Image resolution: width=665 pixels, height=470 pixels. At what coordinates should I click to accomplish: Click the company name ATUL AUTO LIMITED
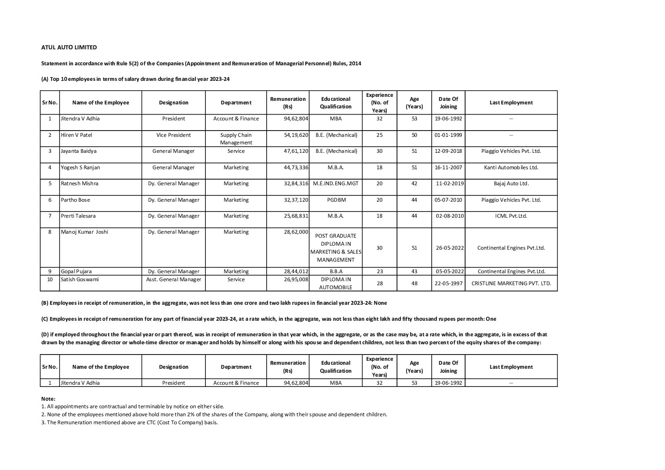tap(69, 47)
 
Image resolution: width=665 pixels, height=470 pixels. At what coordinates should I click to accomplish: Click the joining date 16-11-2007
tap(448, 167)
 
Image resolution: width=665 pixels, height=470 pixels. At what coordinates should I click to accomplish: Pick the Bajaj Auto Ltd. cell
tap(511, 183)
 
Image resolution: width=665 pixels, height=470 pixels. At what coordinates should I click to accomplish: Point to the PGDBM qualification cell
tap(336, 200)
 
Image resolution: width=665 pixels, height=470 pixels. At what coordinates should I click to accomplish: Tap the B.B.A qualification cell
tap(336, 271)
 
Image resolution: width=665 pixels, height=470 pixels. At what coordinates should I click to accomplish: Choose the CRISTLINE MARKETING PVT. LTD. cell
tap(511, 283)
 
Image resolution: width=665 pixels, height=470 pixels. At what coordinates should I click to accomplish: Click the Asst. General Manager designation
tap(173, 279)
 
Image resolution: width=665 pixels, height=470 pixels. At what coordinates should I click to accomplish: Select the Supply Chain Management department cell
tap(236, 139)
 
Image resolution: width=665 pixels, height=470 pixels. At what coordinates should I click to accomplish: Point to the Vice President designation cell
tap(173, 135)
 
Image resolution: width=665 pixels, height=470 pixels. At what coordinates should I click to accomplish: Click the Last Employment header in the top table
tap(511, 103)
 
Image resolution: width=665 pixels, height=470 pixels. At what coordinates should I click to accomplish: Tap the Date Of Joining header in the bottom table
tap(448, 367)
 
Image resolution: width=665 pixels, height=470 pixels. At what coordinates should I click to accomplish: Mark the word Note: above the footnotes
tap(48, 398)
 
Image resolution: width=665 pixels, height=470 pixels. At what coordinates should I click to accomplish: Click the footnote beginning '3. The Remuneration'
tap(129, 422)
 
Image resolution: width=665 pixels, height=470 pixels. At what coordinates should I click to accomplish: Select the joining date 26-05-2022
tap(450, 248)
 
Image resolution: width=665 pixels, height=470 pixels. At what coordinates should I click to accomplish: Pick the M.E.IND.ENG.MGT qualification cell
tap(336, 183)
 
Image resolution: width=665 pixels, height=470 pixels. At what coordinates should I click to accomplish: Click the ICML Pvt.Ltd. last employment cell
tap(511, 216)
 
